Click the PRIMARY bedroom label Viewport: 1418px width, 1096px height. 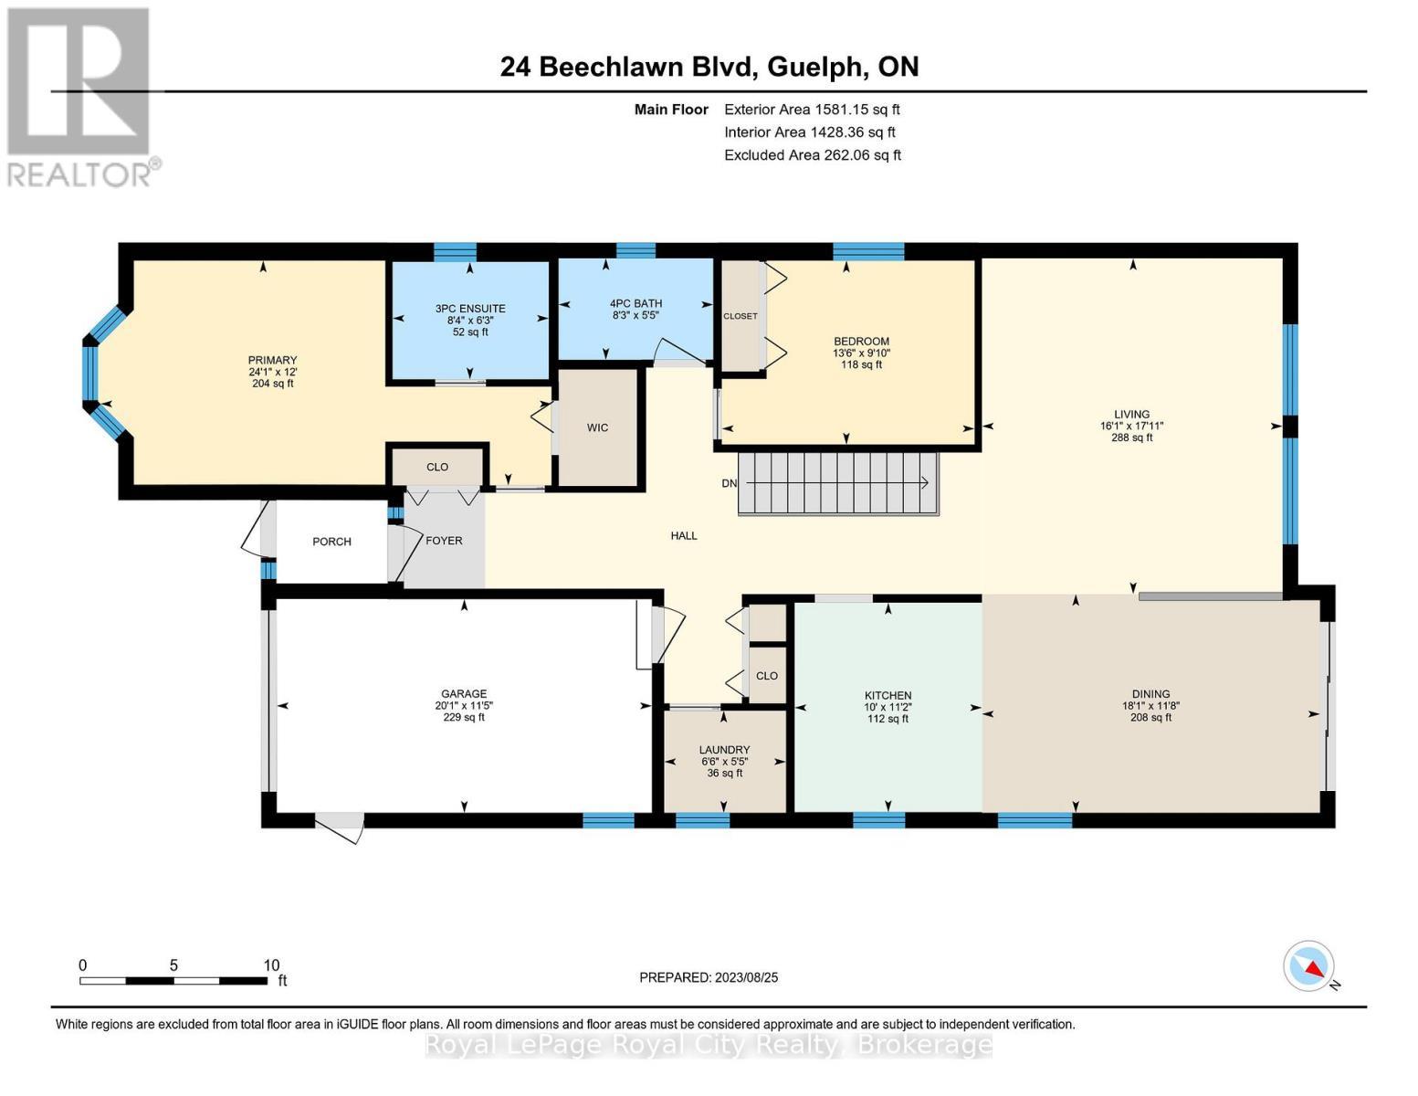click(x=272, y=360)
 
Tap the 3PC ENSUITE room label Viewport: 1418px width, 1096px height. click(x=470, y=309)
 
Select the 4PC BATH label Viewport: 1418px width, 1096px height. click(x=635, y=303)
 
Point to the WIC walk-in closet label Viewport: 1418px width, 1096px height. click(x=597, y=427)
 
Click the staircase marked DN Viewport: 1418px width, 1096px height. click(x=837, y=483)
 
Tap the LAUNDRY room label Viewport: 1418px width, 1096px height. click(x=725, y=750)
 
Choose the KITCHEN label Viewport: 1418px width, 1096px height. click(x=888, y=695)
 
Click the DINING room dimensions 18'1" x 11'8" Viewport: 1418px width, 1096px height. click(x=1150, y=706)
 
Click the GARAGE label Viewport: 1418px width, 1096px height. click(x=464, y=693)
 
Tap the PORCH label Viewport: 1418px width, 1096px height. click(x=331, y=542)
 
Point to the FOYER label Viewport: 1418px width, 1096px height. click(x=444, y=541)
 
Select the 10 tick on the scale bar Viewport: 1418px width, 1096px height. click(x=271, y=965)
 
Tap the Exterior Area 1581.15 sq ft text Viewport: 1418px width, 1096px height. click(x=812, y=110)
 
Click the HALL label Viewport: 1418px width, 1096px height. click(x=683, y=536)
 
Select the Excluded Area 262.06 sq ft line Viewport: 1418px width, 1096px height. click(x=813, y=155)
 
